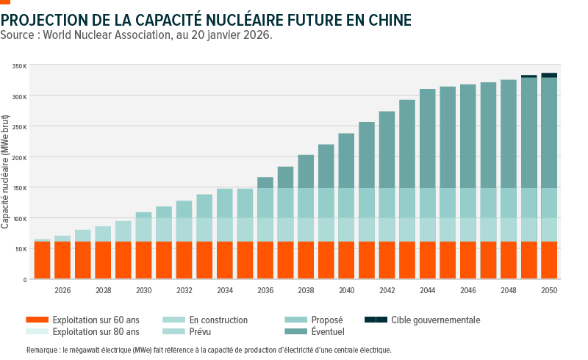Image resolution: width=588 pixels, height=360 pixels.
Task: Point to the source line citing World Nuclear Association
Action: click(x=137, y=35)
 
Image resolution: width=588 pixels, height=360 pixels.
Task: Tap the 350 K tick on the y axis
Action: click(x=20, y=66)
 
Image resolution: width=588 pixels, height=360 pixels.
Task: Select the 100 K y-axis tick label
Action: click(x=20, y=218)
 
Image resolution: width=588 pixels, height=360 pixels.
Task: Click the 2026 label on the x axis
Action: click(x=62, y=291)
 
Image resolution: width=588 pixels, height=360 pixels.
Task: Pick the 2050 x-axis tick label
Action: click(x=548, y=291)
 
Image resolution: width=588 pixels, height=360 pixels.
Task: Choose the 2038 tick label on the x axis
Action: click(x=306, y=291)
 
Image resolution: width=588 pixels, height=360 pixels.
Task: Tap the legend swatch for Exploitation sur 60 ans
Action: click(x=36, y=320)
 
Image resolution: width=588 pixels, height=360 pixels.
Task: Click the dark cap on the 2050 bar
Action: click(x=549, y=75)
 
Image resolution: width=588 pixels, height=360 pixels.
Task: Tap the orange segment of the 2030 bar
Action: click(x=144, y=260)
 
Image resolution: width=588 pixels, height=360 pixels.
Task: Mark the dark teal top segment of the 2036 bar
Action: click(x=265, y=182)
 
